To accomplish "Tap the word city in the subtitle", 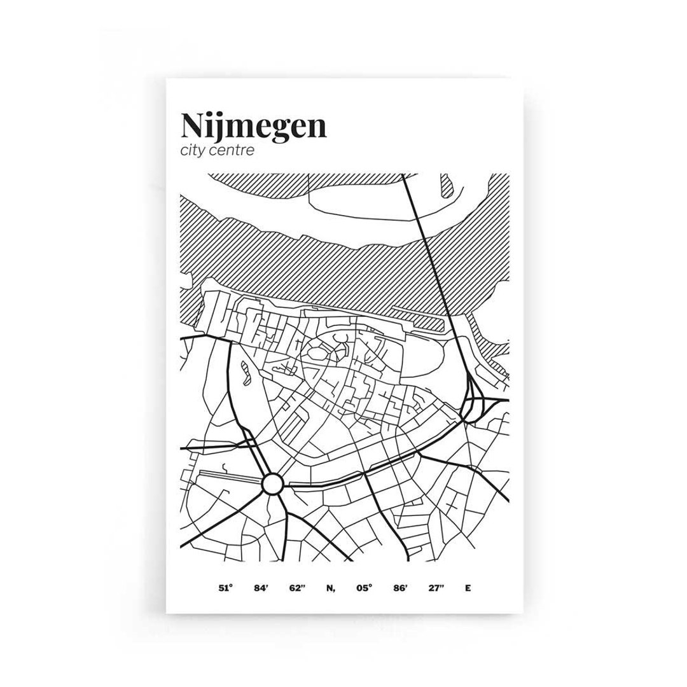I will coord(194,151).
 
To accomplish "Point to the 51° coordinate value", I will coord(223,588).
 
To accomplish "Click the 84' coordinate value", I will coord(261,588).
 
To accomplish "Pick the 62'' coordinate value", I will coord(297,588).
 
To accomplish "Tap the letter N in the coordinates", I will coord(330,588).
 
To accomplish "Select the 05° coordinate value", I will coord(363,588).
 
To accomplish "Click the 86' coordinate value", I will coord(399,588).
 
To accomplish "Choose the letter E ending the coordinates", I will coord(468,588).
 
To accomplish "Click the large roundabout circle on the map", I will coord(272,484).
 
